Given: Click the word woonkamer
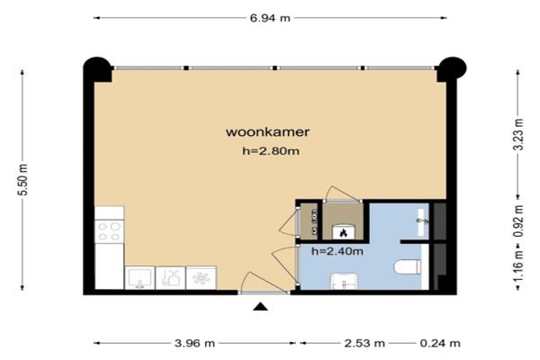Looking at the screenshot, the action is click(267, 132).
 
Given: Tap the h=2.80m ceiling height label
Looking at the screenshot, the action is click(271, 150).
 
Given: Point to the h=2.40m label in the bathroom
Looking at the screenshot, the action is click(337, 251).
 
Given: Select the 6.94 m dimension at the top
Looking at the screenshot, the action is click(270, 18).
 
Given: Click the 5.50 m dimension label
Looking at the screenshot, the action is click(22, 179).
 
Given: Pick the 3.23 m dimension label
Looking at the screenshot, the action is click(518, 134).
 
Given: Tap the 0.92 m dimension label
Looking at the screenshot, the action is click(518, 221).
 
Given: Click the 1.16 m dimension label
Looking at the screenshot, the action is click(518, 265).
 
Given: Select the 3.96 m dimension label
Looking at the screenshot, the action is click(195, 343).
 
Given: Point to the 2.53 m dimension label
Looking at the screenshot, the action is click(364, 343).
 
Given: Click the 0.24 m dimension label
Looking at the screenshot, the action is click(440, 343).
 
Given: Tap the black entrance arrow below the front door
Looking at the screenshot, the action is click(260, 307).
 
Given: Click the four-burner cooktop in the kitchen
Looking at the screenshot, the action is click(109, 231).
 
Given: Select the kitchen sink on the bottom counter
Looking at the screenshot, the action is click(139, 278).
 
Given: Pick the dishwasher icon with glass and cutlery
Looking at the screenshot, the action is click(170, 278).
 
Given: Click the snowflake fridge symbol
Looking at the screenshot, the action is click(201, 278).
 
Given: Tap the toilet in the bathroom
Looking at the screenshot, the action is click(408, 267).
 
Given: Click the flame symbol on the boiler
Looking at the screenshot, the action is click(343, 233).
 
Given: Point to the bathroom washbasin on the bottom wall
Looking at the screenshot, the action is click(344, 282).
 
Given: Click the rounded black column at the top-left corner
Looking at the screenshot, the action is click(98, 69).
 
